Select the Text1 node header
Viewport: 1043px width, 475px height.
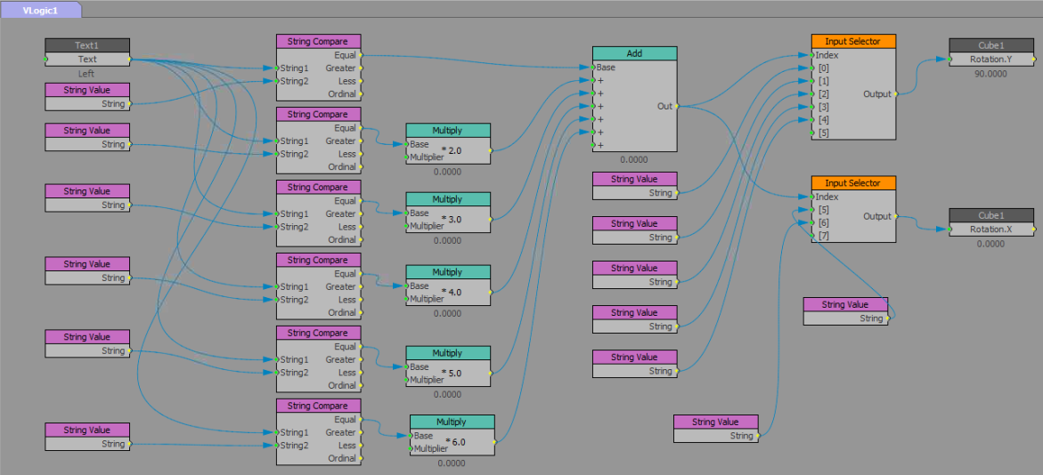(87, 45)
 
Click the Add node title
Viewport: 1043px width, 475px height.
(634, 53)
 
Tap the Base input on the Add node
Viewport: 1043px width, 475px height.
(606, 68)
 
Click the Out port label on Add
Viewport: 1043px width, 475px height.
(664, 106)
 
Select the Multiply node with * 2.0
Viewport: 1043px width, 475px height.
(447, 130)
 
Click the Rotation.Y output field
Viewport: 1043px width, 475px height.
(990, 60)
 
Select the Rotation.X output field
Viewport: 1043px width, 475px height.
(990, 229)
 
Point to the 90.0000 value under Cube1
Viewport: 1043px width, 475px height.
(990, 74)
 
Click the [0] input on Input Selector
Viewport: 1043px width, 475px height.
(824, 68)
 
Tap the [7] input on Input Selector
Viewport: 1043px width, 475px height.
(824, 236)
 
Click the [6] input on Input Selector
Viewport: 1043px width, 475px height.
(824, 223)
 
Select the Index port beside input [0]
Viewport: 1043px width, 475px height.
(827, 55)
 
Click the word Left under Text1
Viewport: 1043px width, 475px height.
(86, 74)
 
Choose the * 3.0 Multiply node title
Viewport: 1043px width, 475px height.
(447, 199)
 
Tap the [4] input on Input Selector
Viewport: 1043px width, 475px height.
(824, 120)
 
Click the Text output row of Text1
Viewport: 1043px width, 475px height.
(87, 60)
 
